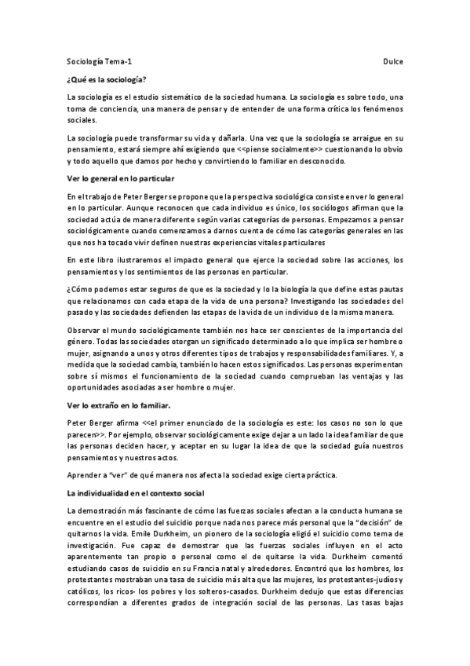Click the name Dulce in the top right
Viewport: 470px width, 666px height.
click(393, 59)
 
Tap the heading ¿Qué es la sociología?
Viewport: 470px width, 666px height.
click(107, 79)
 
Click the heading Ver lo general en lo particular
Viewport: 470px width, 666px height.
click(119, 179)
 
